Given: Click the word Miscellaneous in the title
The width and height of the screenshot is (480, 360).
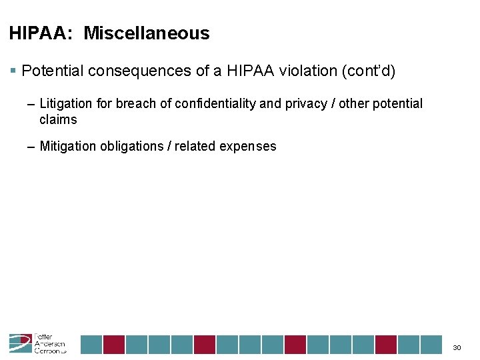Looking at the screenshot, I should pyautogui.click(x=147, y=33).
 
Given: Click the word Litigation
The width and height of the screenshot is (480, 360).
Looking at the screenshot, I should pyautogui.click(x=65, y=103).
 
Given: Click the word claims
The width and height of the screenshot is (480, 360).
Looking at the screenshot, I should pyautogui.click(x=58, y=120).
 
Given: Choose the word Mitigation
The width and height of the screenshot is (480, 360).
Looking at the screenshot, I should pyautogui.click(x=67, y=146).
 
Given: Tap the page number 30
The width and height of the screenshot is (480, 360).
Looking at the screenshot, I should pyautogui.click(x=457, y=347).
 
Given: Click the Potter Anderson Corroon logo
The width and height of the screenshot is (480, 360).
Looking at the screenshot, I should pyautogui.click(x=37, y=343).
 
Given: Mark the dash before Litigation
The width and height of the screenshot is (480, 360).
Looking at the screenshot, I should pyautogui.click(x=32, y=104).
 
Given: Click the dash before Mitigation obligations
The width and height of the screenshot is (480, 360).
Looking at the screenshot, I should pyautogui.click(x=32, y=147).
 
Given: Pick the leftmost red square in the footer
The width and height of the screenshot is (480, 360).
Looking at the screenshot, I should pyautogui.click(x=114, y=344).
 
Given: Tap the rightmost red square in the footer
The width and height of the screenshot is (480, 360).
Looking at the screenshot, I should pyautogui.click(x=386, y=344).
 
